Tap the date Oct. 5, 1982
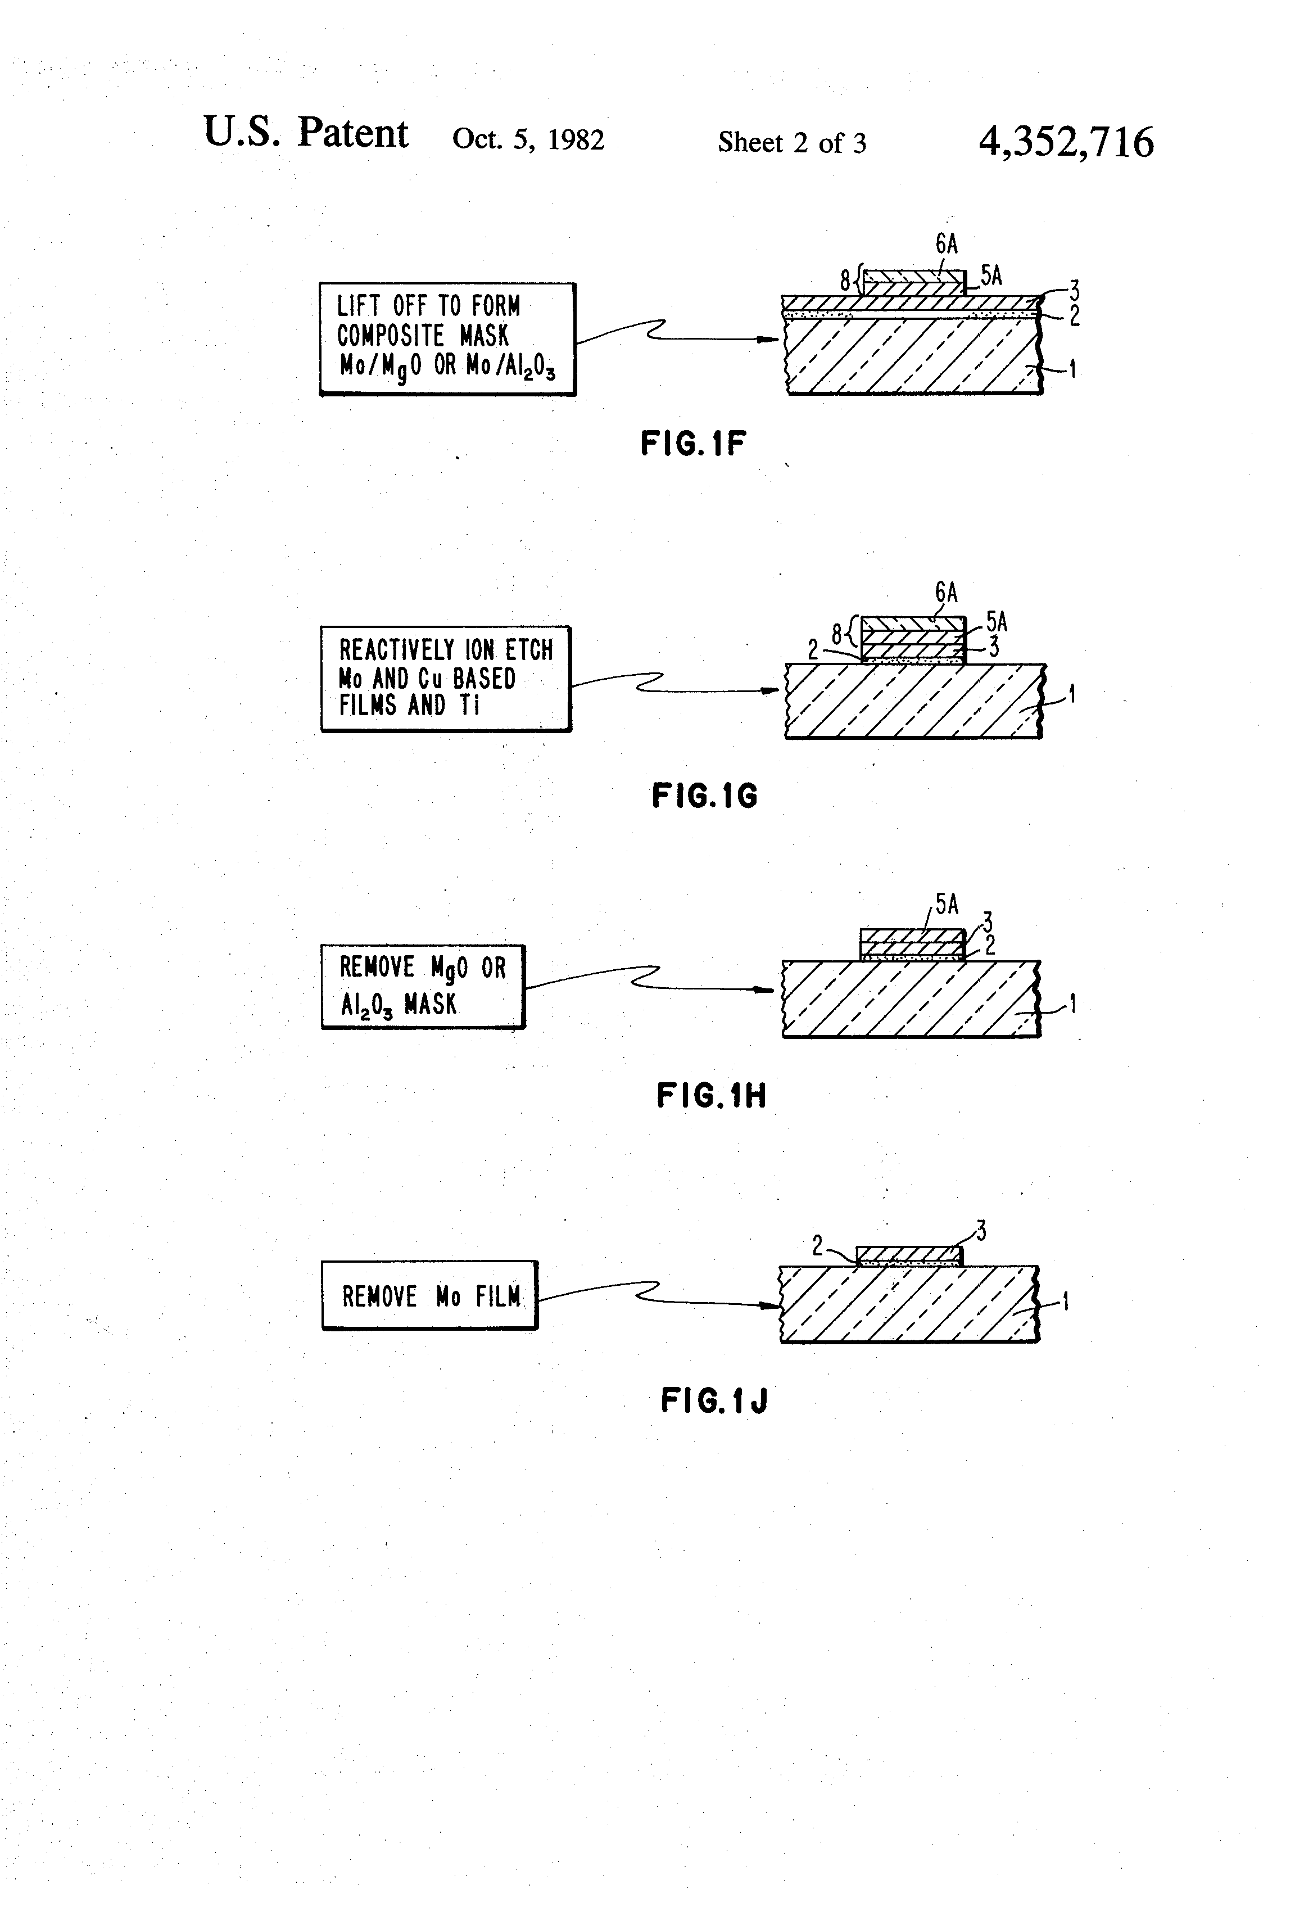pos(528,139)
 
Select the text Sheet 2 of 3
pos(791,143)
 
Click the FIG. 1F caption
pos(693,444)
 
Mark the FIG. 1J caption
pos(714,1400)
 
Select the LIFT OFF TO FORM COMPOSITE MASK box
pos(447,339)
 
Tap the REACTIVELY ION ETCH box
pos(445,679)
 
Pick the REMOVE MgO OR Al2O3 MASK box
pos(423,986)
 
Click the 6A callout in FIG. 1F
pos(947,244)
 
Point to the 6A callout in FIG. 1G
pos(947,593)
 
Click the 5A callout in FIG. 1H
pos(947,905)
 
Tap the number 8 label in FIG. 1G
pos(836,634)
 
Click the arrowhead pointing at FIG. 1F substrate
pos(771,339)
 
